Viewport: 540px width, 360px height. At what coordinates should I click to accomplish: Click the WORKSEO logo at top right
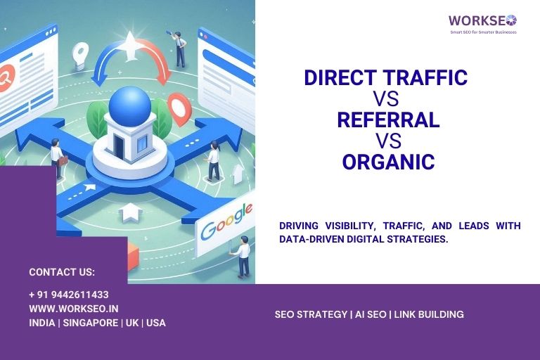pos(482,20)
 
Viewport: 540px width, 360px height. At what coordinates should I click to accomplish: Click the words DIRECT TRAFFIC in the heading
pos(385,77)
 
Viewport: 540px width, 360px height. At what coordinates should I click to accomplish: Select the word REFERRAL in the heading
pos(388,120)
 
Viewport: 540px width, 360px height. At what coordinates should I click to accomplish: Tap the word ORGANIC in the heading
pos(388,162)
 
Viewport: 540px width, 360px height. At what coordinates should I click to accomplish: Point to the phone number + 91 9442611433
pos(69,295)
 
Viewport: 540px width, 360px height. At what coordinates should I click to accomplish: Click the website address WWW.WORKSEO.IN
pos(74,309)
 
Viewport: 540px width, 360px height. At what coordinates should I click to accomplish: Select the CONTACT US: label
pos(62,272)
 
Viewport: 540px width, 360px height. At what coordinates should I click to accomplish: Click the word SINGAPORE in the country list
pos(91,323)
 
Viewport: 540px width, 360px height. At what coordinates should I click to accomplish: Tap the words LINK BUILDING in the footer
pos(429,314)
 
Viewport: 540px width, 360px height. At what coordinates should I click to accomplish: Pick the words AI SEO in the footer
pos(370,314)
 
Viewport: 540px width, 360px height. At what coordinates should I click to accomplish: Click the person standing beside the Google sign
pos(243,255)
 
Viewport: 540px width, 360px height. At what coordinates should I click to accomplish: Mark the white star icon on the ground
pos(131,211)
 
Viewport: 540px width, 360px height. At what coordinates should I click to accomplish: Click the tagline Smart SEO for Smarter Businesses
pos(483,32)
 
